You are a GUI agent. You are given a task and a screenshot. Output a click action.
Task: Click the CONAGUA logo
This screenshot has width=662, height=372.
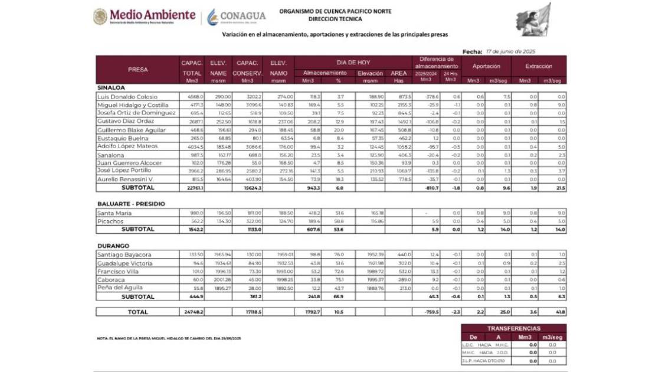point(236,16)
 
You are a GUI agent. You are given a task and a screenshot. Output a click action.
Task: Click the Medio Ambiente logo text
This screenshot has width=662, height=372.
point(152,14)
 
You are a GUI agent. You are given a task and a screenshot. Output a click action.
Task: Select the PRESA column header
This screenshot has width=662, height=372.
point(137,70)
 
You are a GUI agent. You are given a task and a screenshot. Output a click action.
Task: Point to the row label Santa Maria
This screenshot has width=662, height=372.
point(114,213)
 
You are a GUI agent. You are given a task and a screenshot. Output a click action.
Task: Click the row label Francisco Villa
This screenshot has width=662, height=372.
point(119,271)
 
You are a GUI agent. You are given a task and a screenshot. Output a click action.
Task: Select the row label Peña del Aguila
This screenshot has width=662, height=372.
point(122,288)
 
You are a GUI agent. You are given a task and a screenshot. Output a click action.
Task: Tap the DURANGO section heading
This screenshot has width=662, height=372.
point(113,246)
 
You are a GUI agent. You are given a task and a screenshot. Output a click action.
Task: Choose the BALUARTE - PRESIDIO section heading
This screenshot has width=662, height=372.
point(131,204)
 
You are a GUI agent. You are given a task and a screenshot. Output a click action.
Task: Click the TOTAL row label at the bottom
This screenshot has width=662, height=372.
point(137,312)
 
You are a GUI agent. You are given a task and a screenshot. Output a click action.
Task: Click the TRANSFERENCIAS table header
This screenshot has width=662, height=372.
point(513,327)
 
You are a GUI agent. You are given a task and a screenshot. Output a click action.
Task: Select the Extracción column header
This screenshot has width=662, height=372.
point(538,67)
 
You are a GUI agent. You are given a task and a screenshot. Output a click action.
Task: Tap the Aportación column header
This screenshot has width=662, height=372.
point(486,67)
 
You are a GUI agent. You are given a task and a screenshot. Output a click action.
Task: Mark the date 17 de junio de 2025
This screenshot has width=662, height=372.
point(510,51)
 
